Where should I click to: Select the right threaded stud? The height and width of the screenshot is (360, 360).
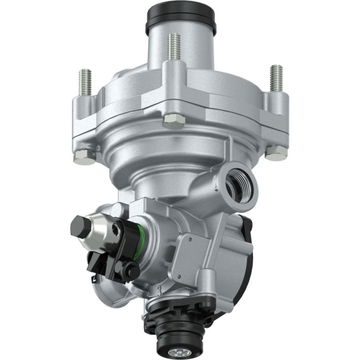tap(275, 78)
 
